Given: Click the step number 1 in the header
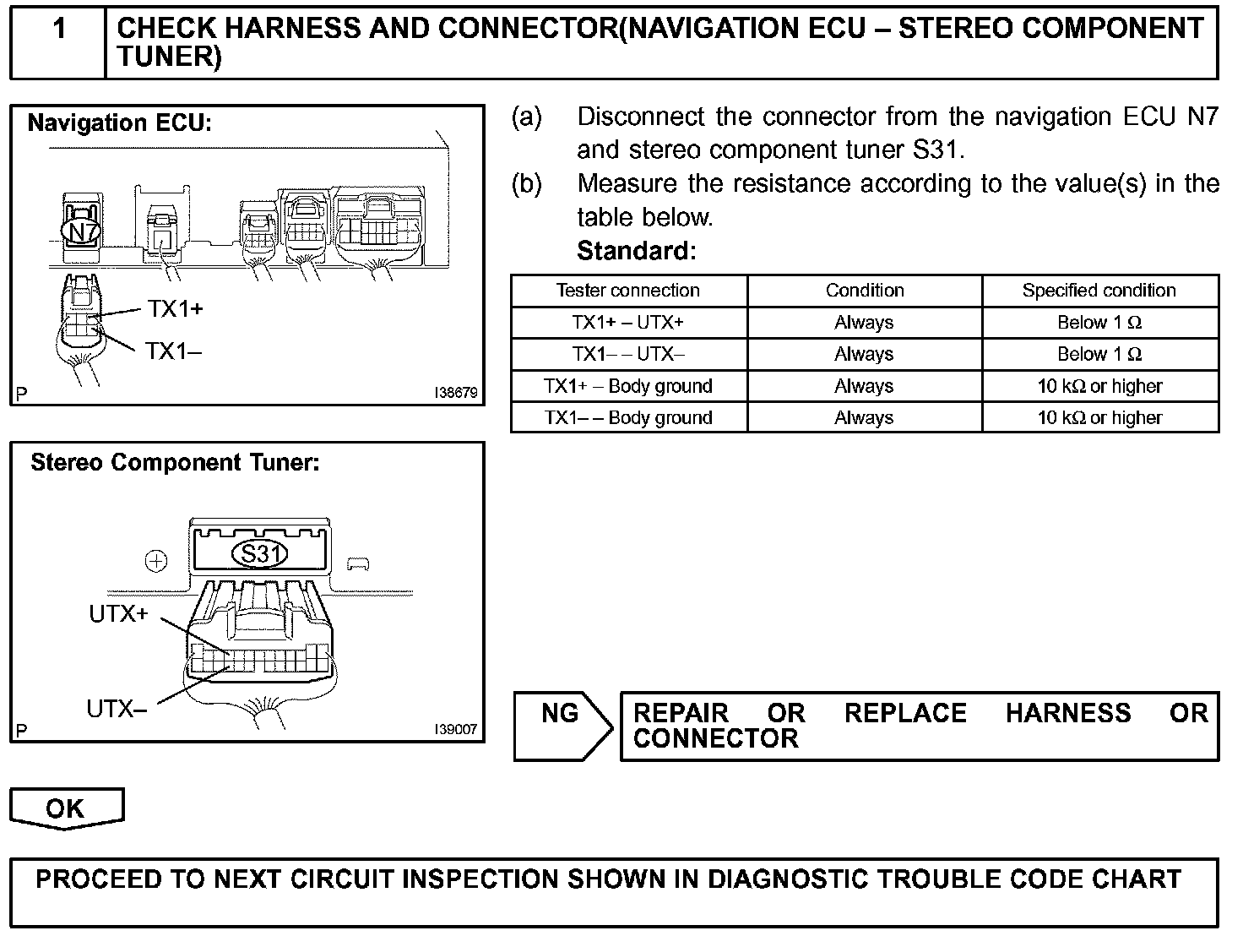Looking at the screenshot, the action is point(58,30).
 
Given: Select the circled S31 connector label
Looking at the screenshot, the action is point(259,554).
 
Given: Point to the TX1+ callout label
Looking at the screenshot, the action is point(176,309).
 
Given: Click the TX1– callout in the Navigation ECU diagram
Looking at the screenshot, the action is point(173,351).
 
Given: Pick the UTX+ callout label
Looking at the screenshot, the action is point(118,614).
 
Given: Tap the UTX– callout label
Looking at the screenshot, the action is point(117,710).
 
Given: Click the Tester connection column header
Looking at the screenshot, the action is point(627,291).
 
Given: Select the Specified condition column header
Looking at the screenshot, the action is point(1099,291).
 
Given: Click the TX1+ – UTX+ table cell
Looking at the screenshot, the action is point(627,323).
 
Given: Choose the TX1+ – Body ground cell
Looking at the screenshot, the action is point(627,387).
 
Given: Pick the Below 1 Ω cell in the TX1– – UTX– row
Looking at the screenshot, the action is point(1099,355).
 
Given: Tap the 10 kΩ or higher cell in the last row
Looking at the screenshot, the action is point(1099,418).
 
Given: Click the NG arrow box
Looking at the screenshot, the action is point(562,725).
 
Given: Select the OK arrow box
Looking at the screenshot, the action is point(66,808).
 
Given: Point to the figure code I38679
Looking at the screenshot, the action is point(456,394).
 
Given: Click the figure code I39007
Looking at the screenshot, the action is point(456,731).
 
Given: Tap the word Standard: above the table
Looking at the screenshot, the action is point(636,251).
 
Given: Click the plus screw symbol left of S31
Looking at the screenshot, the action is point(156,561).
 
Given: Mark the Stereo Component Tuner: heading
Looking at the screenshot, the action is point(175,463).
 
